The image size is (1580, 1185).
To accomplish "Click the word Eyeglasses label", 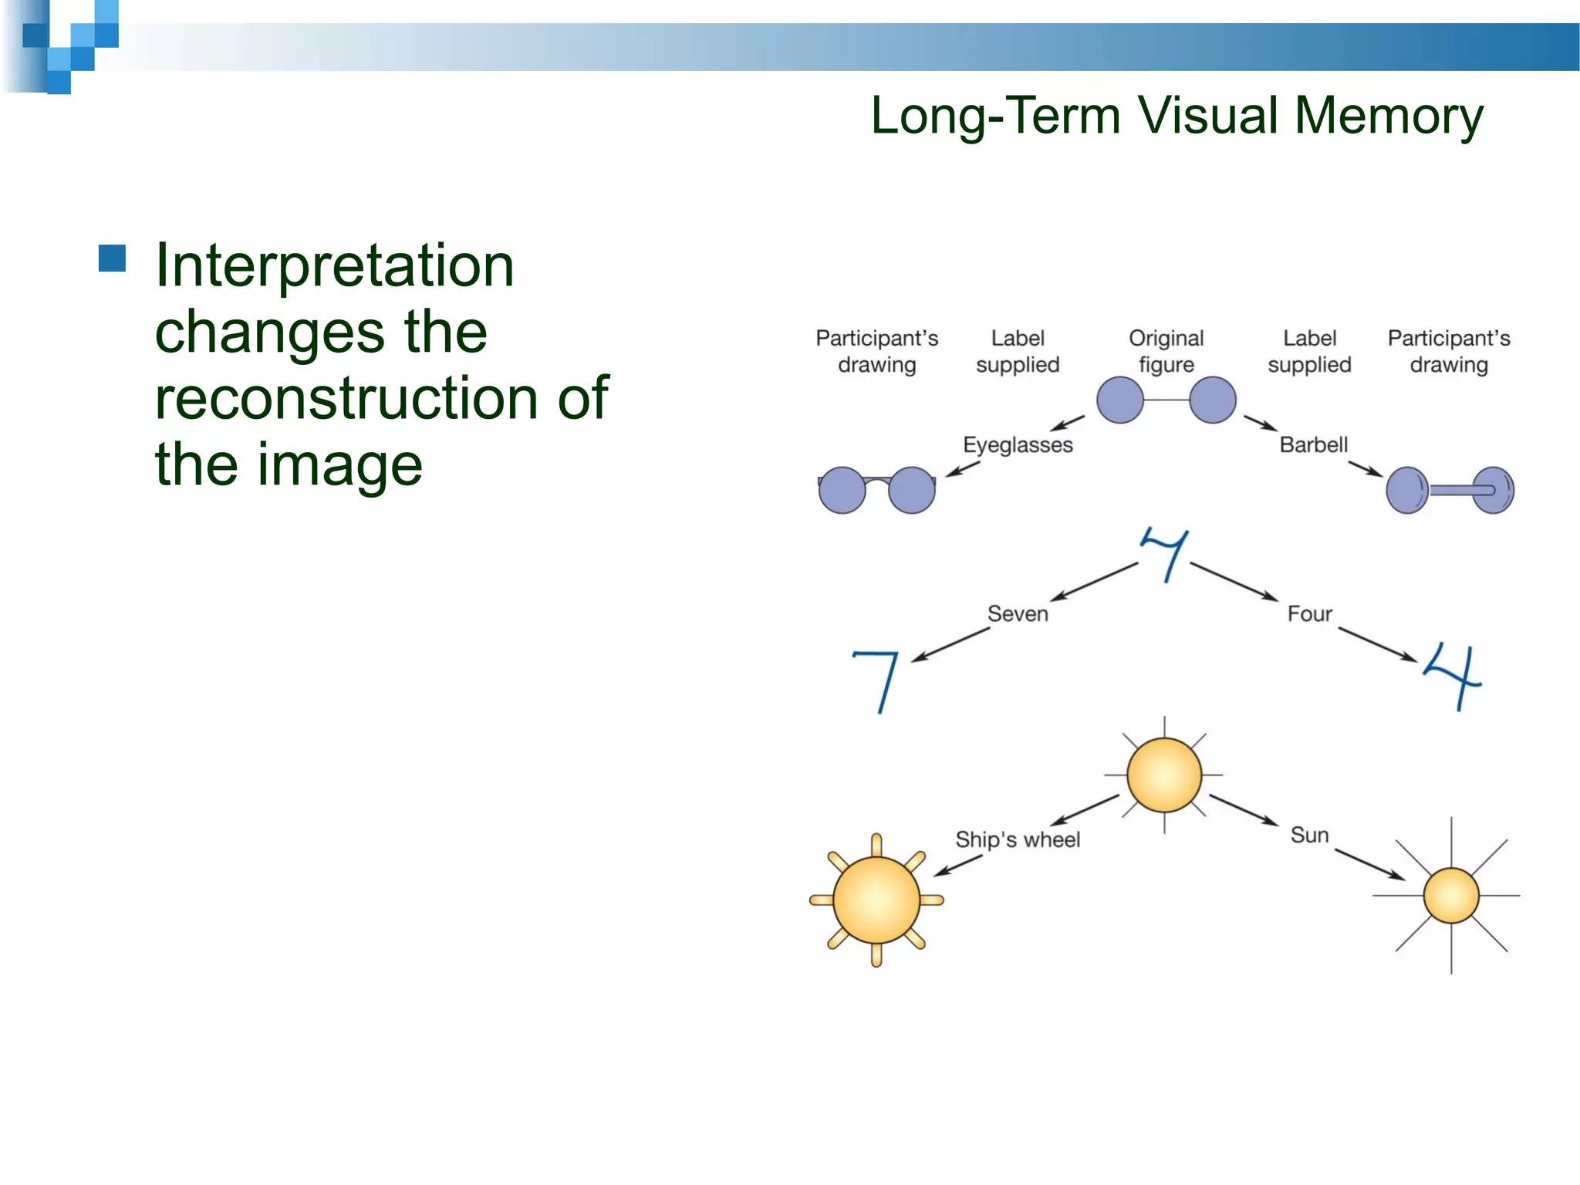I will [x=1017, y=445].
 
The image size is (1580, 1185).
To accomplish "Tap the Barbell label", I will [x=1313, y=445].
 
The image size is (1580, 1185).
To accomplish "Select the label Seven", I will [x=1018, y=614].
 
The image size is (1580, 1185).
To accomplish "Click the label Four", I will [x=1309, y=614].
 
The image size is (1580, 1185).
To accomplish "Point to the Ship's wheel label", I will [x=1017, y=839].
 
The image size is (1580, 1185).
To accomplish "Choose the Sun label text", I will [x=1309, y=835].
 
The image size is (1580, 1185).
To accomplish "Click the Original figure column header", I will [x=1166, y=351].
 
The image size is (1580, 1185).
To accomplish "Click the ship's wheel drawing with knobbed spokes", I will [x=876, y=900].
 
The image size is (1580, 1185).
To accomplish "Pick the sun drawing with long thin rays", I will [x=1450, y=896].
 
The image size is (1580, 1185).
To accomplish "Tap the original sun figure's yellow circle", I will [x=1163, y=775].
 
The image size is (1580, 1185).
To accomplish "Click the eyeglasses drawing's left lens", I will [x=842, y=490].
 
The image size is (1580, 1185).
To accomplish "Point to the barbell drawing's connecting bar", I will [x=1450, y=490].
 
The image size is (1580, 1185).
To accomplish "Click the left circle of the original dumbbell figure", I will [x=1119, y=400].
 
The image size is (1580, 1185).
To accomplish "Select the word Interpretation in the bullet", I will [x=334, y=265].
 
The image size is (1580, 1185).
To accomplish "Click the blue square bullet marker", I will [x=113, y=258].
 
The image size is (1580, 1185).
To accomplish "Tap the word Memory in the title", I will [x=1388, y=116].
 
